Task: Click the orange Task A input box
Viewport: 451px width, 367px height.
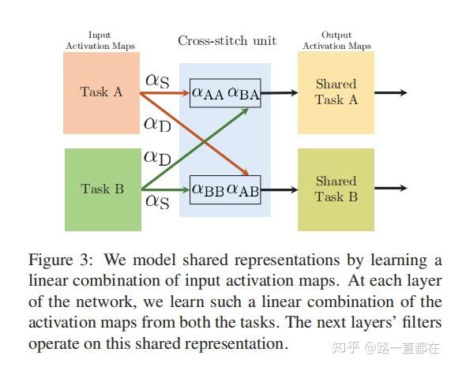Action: pyautogui.click(x=100, y=92)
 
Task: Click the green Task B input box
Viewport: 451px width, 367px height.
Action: pyautogui.click(x=100, y=189)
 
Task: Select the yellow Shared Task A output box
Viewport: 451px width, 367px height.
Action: pyautogui.click(x=336, y=92)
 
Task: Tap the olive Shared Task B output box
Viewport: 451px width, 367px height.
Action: pyautogui.click(x=336, y=189)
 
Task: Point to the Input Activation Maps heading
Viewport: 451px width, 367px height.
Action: pyautogui.click(x=100, y=41)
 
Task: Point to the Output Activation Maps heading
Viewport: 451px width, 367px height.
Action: pyautogui.click(x=336, y=41)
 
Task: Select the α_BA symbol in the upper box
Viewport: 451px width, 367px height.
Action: pyautogui.click(x=243, y=93)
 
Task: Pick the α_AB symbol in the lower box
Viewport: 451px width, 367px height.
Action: pyautogui.click(x=243, y=189)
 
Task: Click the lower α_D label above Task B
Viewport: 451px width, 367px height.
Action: pyautogui.click(x=157, y=158)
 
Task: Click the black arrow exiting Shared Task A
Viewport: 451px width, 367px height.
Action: pyautogui.click(x=391, y=92)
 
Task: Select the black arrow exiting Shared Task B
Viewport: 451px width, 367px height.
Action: pyautogui.click(x=391, y=189)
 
